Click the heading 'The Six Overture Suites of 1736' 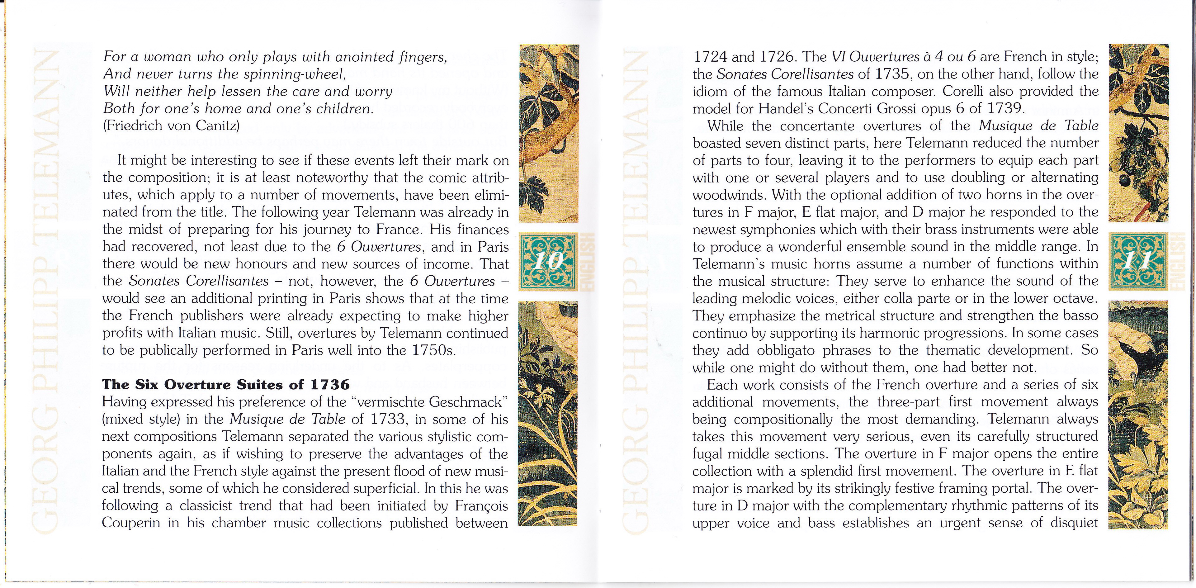[226, 385]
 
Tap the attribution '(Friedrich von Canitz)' [171, 126]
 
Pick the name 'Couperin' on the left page [131, 523]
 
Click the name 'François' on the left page [481, 506]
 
